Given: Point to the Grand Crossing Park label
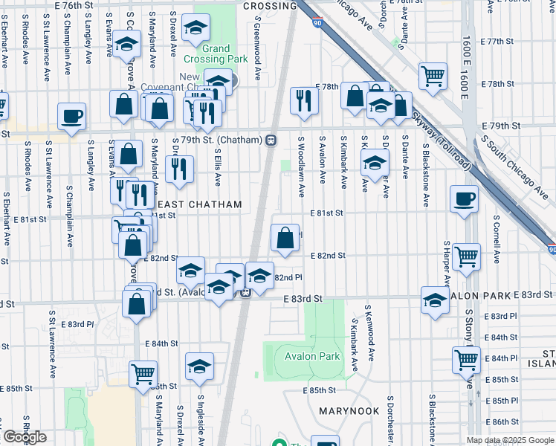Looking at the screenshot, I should (x=216, y=54).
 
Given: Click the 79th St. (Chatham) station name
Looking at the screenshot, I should (x=220, y=140).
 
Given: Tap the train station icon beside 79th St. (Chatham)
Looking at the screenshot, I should (x=271, y=140).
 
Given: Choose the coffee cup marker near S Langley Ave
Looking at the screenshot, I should (x=71, y=117).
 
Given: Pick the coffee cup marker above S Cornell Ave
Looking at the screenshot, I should (x=465, y=199).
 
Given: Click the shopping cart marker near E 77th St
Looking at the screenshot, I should (x=433, y=76).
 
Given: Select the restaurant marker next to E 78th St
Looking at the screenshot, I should (x=303, y=100).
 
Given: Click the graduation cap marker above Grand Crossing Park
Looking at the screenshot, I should (x=196, y=28).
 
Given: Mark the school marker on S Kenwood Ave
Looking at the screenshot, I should (x=375, y=163).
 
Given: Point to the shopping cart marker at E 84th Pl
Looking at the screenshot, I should (x=466, y=361).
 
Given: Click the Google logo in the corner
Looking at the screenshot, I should (x=25, y=437).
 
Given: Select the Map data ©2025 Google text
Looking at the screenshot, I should (x=510, y=440).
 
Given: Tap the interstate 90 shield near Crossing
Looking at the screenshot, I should (x=317, y=24).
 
